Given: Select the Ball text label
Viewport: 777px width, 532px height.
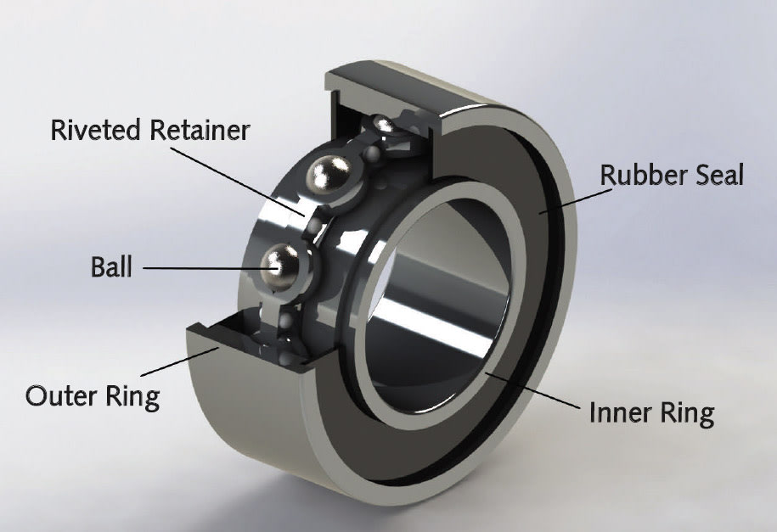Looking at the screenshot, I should pos(111,266).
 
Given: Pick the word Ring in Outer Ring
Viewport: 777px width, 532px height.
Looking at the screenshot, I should pos(134,397).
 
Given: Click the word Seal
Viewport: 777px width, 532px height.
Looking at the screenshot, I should pos(718,175).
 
